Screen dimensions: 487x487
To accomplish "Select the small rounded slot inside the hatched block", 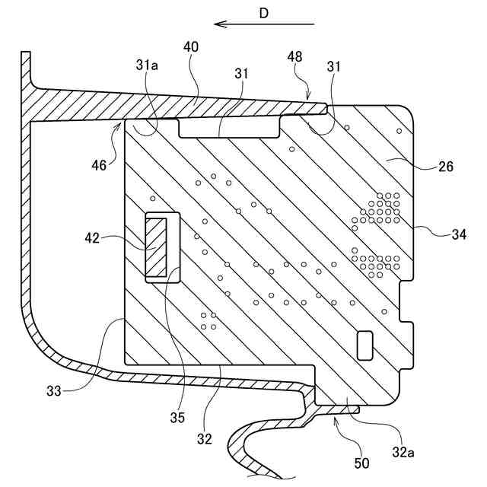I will (364, 344).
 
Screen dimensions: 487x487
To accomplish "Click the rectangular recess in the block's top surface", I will (230, 126).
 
